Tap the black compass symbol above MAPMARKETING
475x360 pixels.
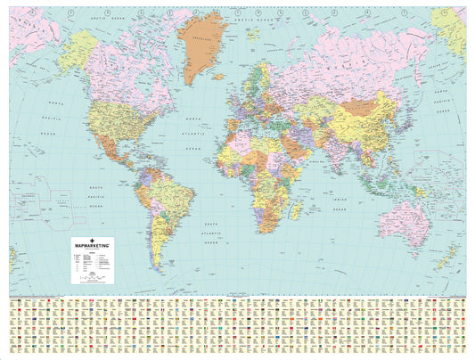pyautogui.click(x=94, y=236)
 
